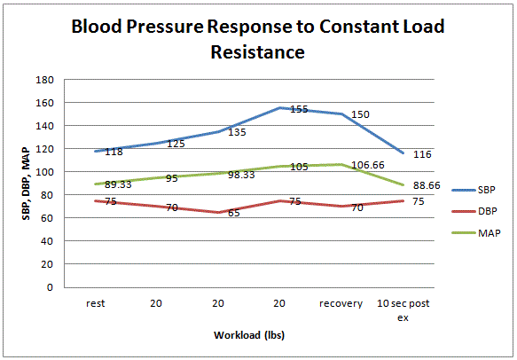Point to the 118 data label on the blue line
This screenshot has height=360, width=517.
(114, 153)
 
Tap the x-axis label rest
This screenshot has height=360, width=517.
(97, 303)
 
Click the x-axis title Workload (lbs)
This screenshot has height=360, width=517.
(249, 336)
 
